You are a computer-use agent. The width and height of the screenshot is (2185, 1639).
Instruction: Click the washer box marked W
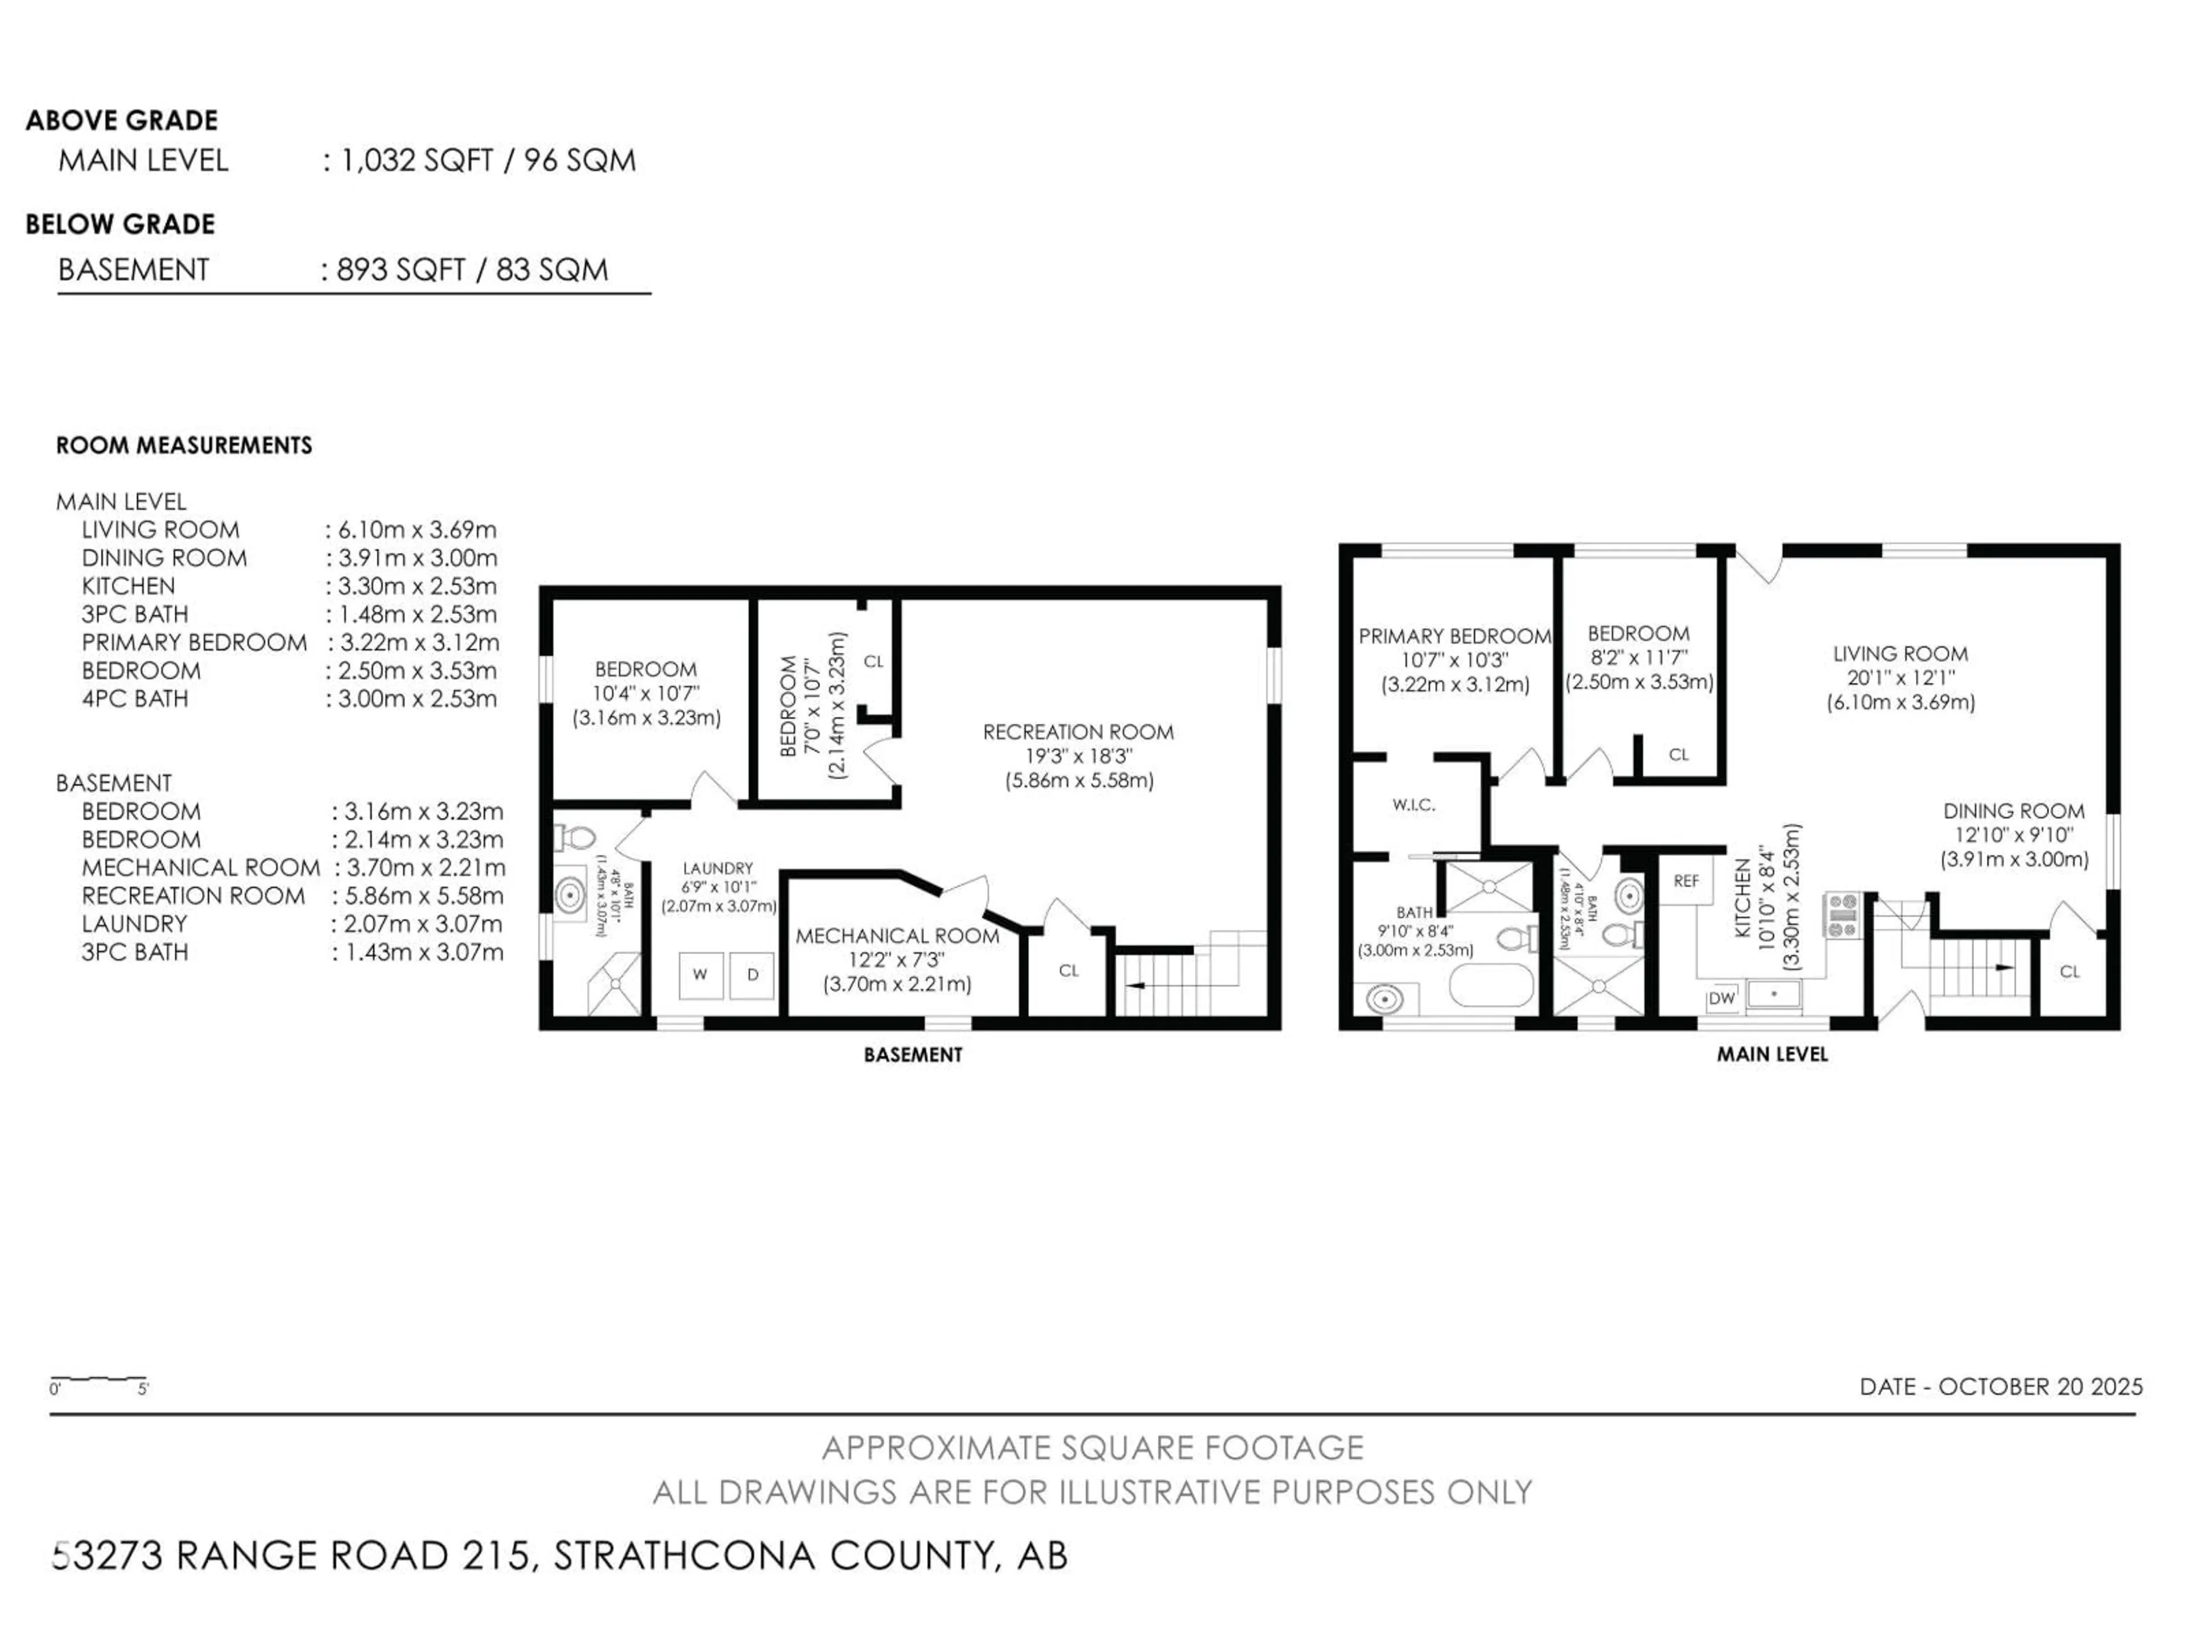(700, 974)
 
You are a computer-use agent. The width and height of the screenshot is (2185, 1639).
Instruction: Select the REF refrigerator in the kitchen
(1686, 880)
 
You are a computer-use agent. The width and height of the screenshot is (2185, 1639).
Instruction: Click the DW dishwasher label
(1721, 998)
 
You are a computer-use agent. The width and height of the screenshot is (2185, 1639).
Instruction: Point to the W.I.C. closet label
(1413, 805)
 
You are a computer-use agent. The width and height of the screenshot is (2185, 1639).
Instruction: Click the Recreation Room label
(1078, 732)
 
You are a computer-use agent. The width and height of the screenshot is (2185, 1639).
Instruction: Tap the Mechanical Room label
(897, 936)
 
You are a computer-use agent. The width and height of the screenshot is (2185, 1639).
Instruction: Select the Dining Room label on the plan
(2013, 811)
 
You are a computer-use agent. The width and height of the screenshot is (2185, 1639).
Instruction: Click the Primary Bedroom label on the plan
(1454, 636)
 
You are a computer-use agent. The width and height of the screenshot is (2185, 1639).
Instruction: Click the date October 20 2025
(2000, 1386)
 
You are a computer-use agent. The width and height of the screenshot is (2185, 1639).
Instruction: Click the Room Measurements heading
(184, 446)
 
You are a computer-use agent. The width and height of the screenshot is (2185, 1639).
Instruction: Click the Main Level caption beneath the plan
(1771, 1054)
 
